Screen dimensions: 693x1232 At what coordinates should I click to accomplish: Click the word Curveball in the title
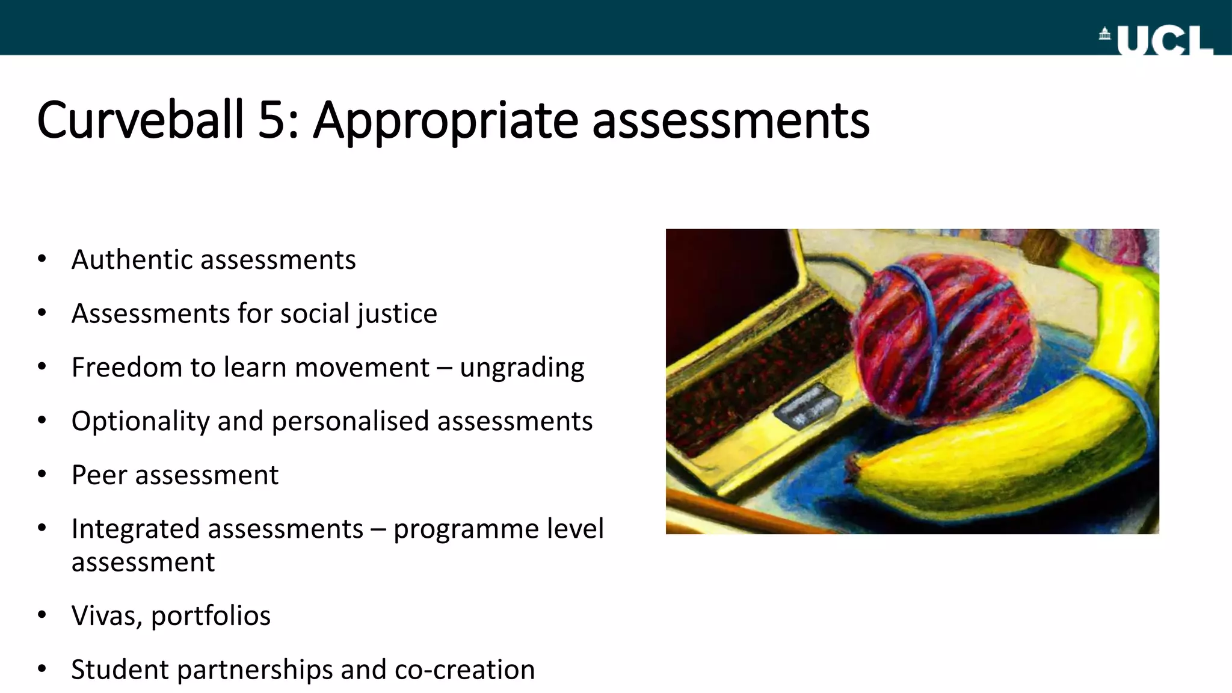[140, 120]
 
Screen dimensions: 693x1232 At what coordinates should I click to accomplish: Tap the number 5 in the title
[271, 120]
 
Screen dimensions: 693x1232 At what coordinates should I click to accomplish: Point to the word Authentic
[132, 260]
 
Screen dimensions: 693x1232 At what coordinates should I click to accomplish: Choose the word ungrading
[522, 368]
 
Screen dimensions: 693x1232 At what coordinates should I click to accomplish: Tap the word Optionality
[140, 421]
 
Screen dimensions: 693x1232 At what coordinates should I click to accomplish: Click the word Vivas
[106, 615]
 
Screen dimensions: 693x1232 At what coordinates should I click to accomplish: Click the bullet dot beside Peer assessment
[42, 475]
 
